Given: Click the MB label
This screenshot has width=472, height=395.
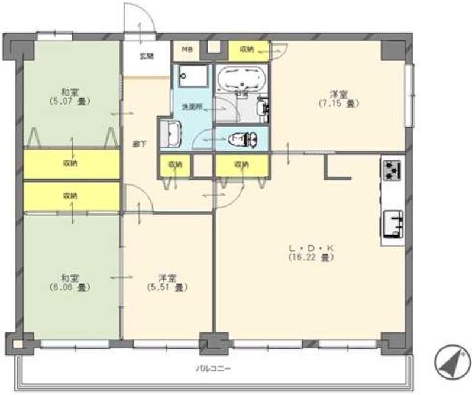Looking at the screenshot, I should tap(186, 50).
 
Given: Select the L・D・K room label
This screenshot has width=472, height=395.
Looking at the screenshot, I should tap(312, 248).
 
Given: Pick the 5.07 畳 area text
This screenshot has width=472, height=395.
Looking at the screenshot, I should tap(70, 101).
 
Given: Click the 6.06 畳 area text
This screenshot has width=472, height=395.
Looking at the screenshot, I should tap(70, 287).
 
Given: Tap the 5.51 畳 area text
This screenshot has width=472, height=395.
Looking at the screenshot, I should tap(167, 287).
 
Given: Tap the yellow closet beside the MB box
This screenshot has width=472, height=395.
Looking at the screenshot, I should tap(247, 50).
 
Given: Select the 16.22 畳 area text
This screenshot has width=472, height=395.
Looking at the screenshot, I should tap(312, 258).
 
